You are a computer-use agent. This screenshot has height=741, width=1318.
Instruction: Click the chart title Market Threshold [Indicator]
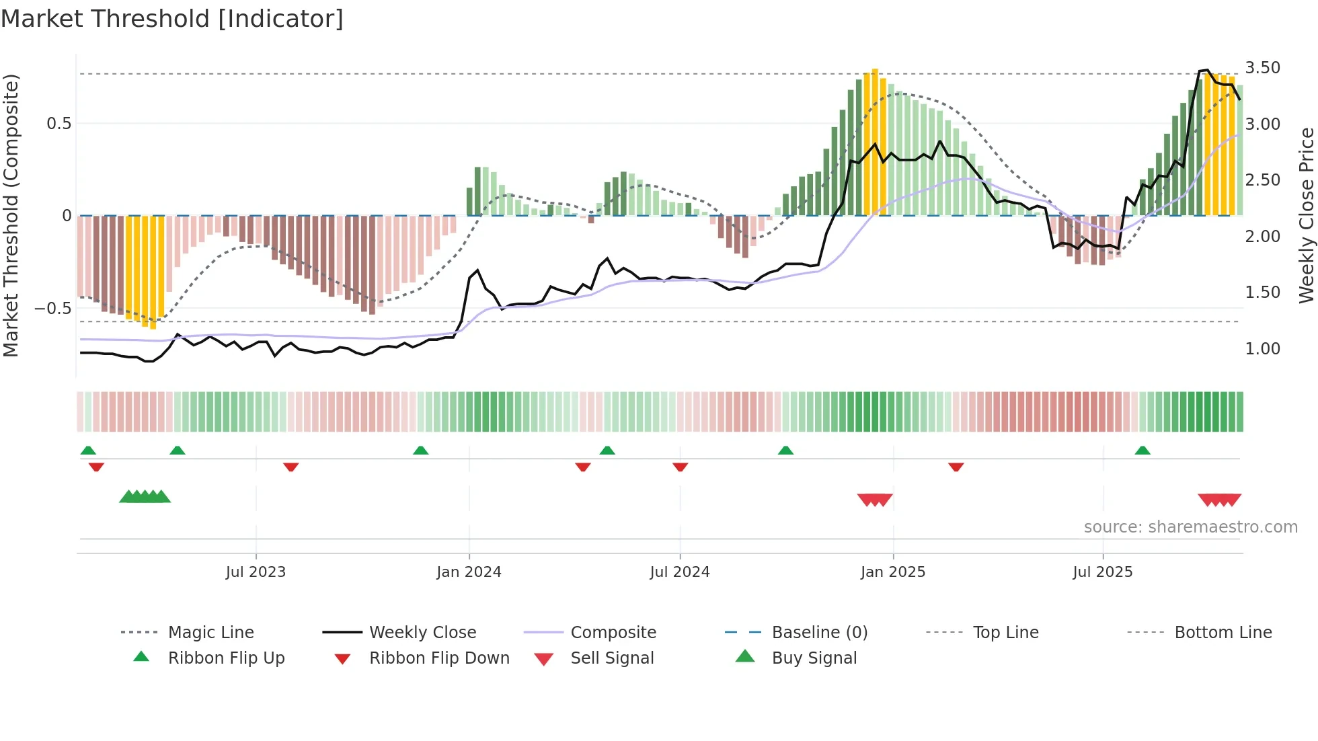(x=172, y=19)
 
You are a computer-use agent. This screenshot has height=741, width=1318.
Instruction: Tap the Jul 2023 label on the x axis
(x=256, y=572)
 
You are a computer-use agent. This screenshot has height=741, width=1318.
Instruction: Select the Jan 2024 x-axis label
(x=469, y=572)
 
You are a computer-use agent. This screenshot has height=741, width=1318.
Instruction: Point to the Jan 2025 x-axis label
(x=892, y=572)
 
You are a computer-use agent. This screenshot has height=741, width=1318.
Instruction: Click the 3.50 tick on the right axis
(x=1262, y=68)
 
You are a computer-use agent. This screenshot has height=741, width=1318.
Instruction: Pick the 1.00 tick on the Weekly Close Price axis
(x=1262, y=349)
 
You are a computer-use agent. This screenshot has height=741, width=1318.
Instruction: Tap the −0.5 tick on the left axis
(x=53, y=309)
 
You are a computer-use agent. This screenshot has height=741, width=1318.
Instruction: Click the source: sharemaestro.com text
(x=1190, y=527)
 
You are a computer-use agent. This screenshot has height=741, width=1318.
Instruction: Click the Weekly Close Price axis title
(x=1306, y=215)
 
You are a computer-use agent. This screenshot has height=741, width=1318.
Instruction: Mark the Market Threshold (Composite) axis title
(x=11, y=215)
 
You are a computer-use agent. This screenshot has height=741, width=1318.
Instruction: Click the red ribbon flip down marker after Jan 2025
(x=956, y=467)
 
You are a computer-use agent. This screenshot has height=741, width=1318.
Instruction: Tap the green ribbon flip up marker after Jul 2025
(x=1142, y=451)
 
